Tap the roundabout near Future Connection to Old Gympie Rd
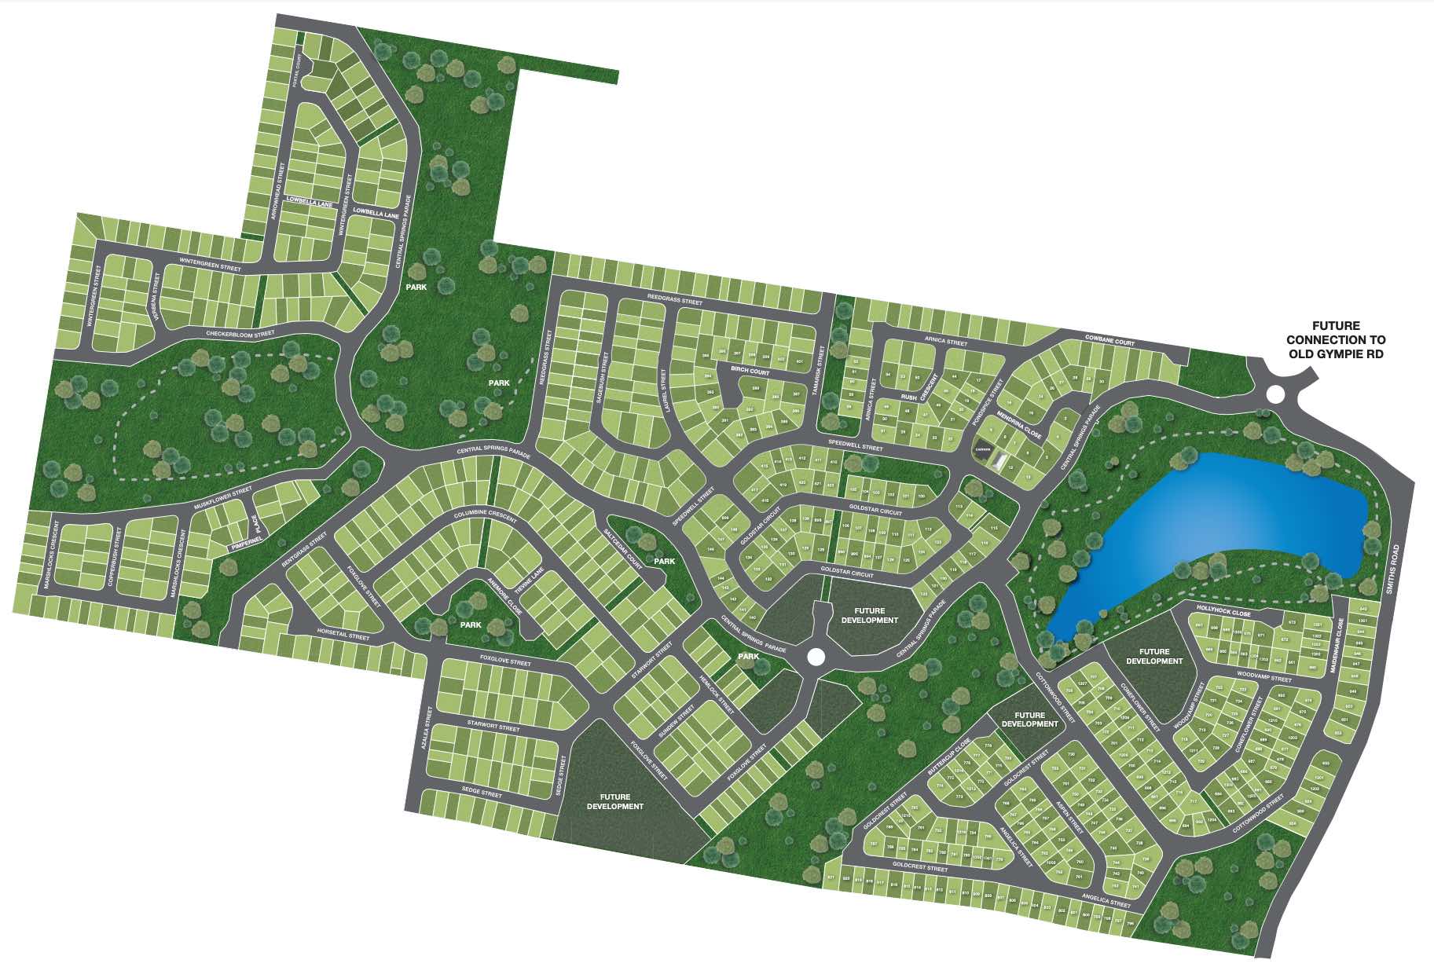[x=1275, y=393]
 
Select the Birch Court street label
[x=750, y=371]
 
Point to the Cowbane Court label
[x=1109, y=340]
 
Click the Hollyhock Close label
[x=1223, y=611]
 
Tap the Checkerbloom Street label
[x=240, y=334]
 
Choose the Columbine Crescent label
[x=486, y=515]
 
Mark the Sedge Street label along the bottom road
[x=482, y=794]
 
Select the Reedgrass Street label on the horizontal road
[x=674, y=301]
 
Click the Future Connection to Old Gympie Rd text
[x=1336, y=339]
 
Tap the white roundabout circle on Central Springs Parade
[x=815, y=655]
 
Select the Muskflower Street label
[x=222, y=498]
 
